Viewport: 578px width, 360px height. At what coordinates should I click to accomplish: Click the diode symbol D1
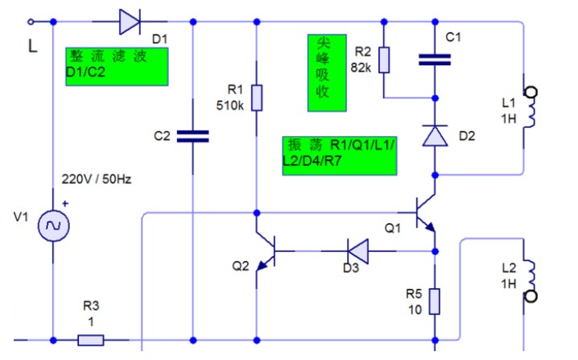(130, 22)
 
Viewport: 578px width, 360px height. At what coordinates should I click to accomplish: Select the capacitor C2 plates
(192, 136)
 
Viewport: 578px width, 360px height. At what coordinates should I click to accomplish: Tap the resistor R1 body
(257, 97)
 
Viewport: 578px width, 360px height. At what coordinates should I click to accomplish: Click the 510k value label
(229, 106)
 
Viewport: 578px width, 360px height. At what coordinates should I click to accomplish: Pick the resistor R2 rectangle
(384, 60)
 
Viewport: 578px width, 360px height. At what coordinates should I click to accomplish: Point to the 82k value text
(361, 68)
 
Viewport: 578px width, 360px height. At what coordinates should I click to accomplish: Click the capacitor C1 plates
(435, 60)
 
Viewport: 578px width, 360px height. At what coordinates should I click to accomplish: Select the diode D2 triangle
(435, 136)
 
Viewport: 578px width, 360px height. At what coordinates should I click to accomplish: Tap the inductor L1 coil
(530, 107)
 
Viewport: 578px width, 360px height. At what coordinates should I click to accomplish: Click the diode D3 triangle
(358, 251)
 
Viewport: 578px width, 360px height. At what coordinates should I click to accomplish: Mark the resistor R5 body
(435, 302)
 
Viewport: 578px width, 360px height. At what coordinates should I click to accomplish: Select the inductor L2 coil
(530, 281)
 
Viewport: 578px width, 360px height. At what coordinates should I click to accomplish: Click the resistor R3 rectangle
(91, 340)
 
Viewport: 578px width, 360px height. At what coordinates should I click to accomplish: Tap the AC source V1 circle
(53, 226)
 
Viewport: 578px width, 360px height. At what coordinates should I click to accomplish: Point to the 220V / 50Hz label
(97, 180)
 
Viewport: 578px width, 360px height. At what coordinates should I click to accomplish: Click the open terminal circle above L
(31, 22)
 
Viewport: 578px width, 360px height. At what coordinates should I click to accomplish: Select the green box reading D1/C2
(117, 67)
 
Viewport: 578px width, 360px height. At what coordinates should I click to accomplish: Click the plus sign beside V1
(65, 203)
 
